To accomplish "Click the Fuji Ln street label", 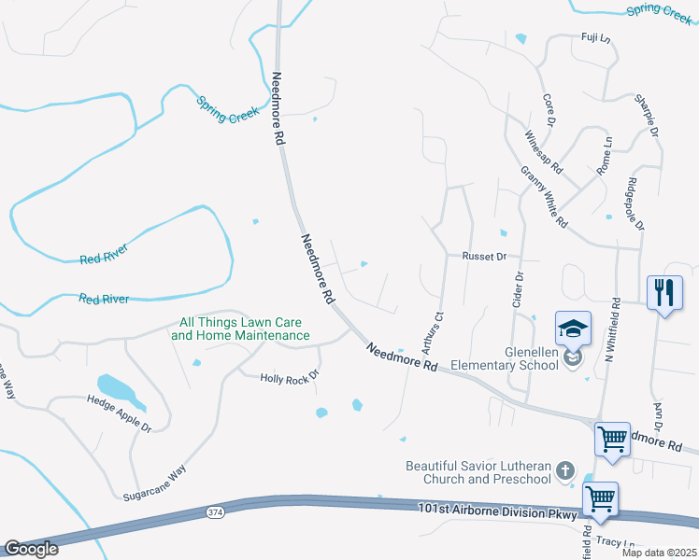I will pos(594,38).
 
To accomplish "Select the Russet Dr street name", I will pos(484,256).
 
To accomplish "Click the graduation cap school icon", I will pos(573,328).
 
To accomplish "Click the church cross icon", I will pos(564,471).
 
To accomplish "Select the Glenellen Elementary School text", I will pos(506,359).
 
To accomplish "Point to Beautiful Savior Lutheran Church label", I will pos(478,472).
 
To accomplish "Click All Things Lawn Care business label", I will pos(240,329).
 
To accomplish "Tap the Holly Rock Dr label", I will pos(290,377).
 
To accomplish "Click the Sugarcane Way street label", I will pos(158,481).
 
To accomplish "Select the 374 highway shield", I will pos(215,512).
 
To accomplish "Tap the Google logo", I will pos(31,549).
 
